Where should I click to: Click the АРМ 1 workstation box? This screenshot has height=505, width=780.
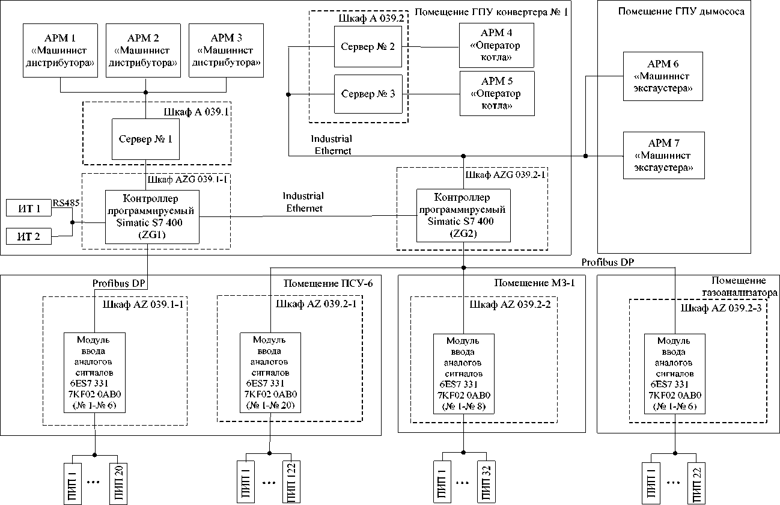(x=60, y=50)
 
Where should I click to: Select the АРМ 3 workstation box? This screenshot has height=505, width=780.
(x=227, y=50)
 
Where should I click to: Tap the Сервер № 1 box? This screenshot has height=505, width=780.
(x=145, y=139)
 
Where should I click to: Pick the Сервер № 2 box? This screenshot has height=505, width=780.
(x=368, y=46)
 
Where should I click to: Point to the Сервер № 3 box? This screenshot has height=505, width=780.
(x=368, y=94)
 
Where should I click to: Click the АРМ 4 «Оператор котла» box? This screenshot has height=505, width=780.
(x=496, y=46)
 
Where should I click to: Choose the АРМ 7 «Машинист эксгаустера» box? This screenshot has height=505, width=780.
(x=663, y=155)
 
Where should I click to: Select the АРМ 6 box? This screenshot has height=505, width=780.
(x=663, y=76)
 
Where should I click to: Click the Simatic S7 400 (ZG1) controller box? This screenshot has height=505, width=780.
(x=152, y=216)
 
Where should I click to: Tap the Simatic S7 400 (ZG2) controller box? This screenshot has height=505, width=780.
(x=463, y=215)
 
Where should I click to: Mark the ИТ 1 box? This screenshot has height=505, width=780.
(x=29, y=209)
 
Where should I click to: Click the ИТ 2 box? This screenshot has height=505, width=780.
(x=29, y=236)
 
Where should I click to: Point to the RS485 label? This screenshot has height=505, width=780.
(x=66, y=203)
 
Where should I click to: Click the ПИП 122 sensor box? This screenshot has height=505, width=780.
(x=290, y=482)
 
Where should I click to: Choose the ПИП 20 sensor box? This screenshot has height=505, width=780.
(x=116, y=482)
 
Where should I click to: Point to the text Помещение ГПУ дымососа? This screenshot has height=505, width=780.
(x=681, y=11)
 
